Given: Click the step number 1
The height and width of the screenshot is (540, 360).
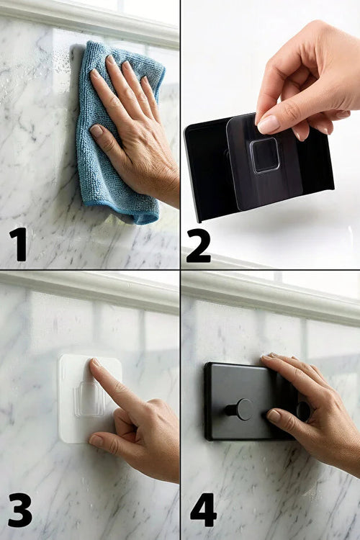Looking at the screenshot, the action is coord(18,244).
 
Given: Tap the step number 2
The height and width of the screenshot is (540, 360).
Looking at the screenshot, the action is coord(198,246).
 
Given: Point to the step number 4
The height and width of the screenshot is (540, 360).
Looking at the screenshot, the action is coord(203,510).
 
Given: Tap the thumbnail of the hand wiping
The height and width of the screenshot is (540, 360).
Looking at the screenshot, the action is coord(97,130).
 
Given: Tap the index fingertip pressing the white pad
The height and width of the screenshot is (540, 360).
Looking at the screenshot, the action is coord(94,364).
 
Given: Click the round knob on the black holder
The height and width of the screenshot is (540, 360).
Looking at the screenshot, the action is coord(243,410).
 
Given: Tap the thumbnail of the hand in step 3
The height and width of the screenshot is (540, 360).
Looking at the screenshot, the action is coord(96,440).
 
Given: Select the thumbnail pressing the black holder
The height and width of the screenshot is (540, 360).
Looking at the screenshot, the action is coord(274,416).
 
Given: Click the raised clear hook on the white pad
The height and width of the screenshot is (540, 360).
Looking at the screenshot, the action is coord(89,399).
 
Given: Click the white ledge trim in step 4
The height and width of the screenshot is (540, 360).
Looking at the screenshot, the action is coord(271,298).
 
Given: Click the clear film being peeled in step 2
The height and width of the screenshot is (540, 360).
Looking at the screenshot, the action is coord(264,162).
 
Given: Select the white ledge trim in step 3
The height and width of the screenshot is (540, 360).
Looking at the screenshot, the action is coord(89,293).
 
